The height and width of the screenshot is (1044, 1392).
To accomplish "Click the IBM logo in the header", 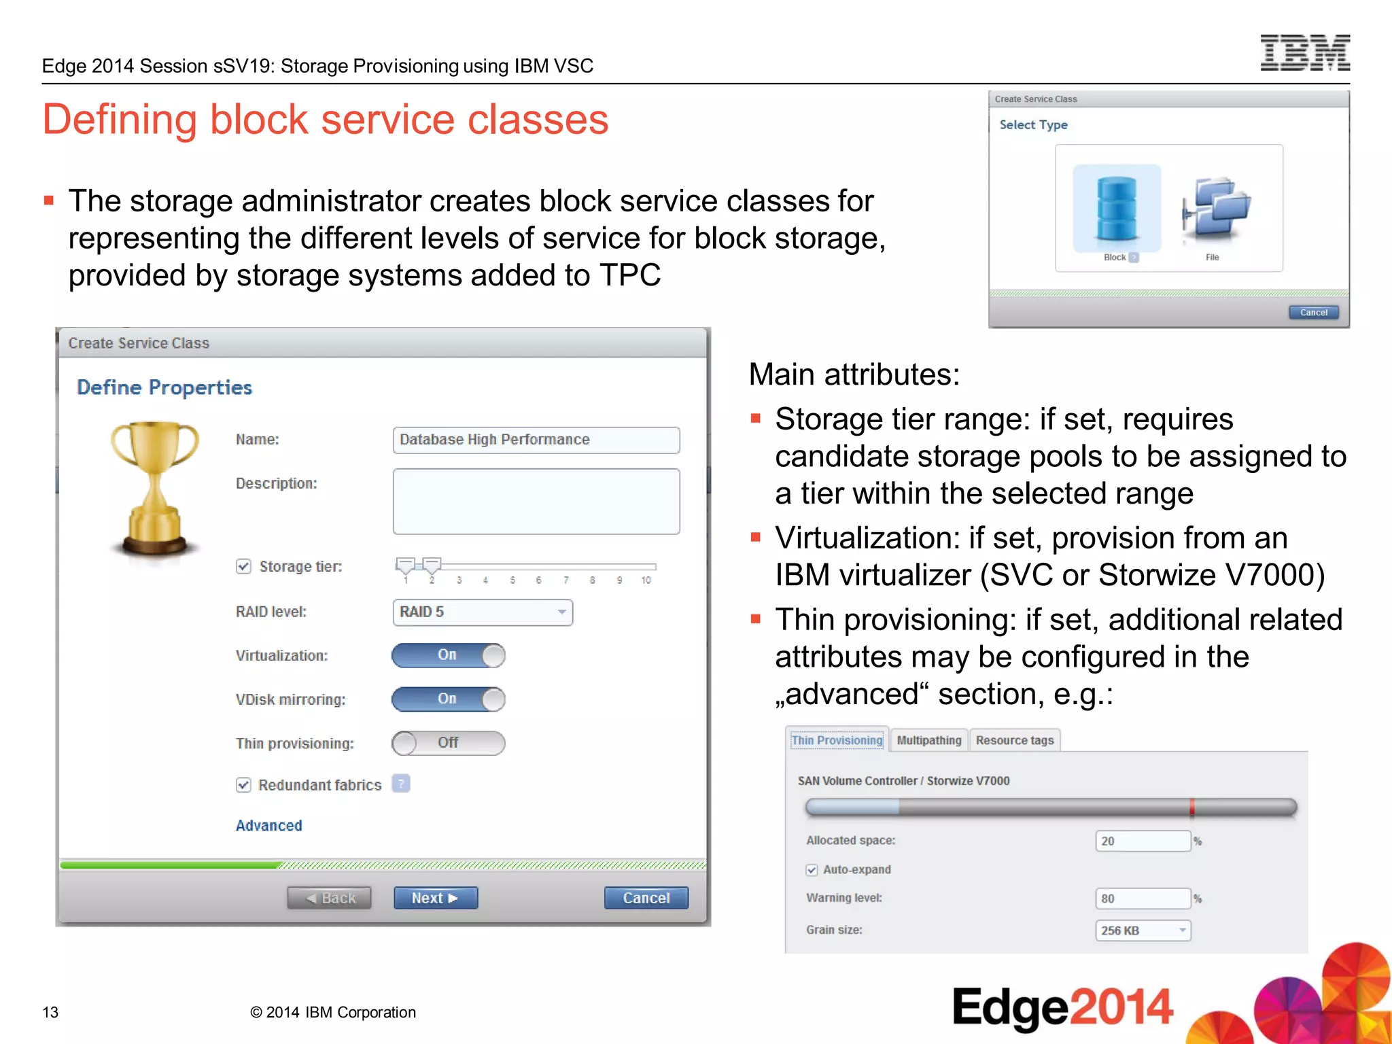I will [1304, 53].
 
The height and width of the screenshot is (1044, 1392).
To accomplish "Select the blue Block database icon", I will [1116, 209].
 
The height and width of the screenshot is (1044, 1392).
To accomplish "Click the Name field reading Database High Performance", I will [536, 440].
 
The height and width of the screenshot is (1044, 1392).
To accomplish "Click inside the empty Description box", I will [536, 501].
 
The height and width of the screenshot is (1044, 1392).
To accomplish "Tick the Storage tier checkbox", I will [244, 567].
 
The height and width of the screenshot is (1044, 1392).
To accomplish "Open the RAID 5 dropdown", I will [483, 612].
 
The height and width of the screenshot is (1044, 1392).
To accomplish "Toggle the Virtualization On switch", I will [448, 655].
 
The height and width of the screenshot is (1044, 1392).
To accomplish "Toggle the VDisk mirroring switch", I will [448, 699].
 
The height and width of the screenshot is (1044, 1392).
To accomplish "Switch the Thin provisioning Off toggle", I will [448, 743].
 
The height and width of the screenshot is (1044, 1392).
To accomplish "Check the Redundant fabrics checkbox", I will [244, 785].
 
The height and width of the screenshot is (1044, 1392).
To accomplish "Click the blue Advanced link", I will [269, 826].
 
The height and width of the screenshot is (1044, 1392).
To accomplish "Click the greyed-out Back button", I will [330, 898].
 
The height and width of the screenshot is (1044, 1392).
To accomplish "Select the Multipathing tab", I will [928, 740].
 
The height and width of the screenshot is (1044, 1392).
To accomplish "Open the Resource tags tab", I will [1014, 740].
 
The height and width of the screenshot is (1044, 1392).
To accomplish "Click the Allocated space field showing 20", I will [1143, 841].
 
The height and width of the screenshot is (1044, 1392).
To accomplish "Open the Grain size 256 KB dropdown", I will [1143, 930].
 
